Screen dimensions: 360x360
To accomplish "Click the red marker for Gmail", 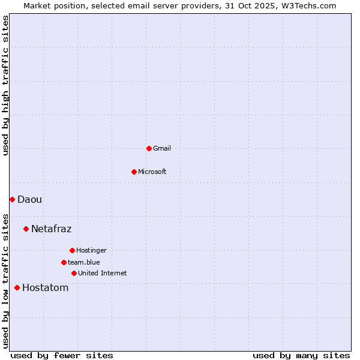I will point(149,148).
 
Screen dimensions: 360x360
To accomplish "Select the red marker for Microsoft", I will point(134,172).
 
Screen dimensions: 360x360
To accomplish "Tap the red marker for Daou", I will point(12,199).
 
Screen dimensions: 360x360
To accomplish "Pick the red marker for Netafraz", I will point(26,229).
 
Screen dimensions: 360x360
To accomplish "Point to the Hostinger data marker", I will point(72,250).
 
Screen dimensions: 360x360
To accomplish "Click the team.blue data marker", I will point(64,262).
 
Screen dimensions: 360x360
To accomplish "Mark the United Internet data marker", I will point(74,273).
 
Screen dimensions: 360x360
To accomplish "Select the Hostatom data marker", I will point(17,287).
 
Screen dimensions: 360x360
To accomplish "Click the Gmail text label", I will point(162,148).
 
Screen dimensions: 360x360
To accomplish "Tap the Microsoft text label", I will point(152,172).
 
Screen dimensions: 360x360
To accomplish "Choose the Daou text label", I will point(29,199).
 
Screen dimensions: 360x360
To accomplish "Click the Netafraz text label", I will point(51,229).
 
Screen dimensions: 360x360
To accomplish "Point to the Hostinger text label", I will point(91,250).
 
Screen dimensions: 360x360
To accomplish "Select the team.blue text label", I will point(83,262).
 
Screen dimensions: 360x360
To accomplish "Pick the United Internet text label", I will point(102,273).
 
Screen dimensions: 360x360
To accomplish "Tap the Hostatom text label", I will point(45,287).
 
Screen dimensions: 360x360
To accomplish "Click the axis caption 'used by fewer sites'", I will point(62,355).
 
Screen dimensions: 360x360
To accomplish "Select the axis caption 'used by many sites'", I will point(301,355).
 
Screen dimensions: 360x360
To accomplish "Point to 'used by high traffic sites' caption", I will point(5,85).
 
